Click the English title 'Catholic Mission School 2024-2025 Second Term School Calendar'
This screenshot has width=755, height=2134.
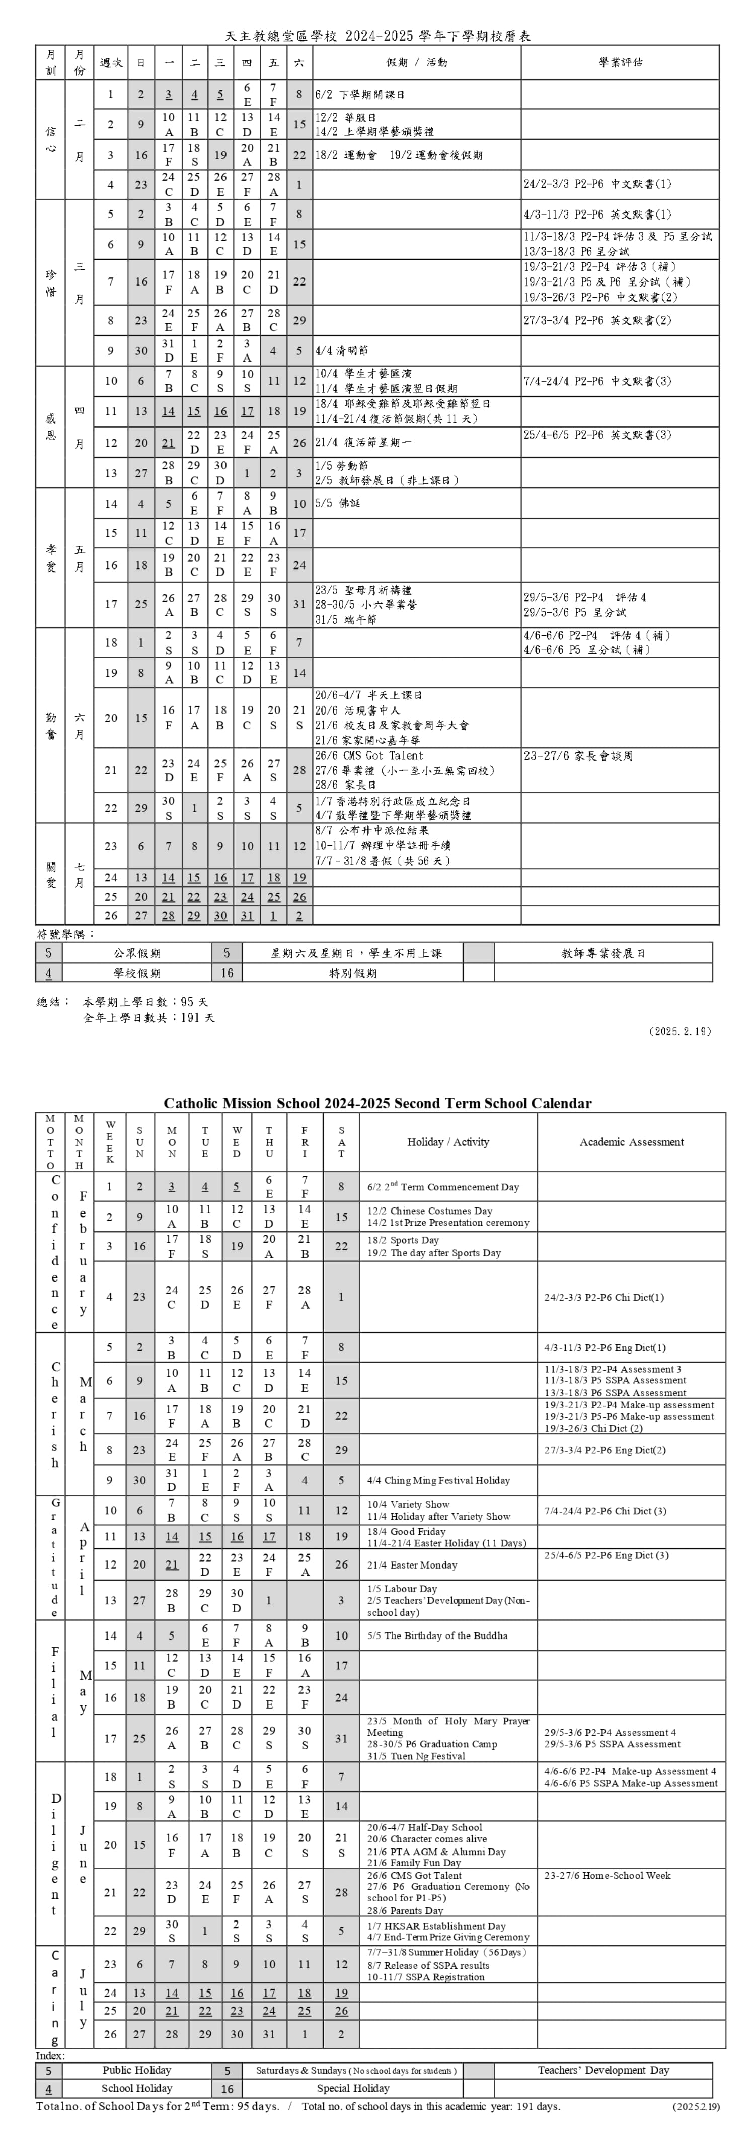click(377, 1103)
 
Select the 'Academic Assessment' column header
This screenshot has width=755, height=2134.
click(631, 1142)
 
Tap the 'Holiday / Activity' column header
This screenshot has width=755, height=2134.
click(448, 1142)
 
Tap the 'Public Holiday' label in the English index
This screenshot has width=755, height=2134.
click(136, 2070)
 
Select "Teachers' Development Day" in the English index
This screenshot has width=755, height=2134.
click(602, 2070)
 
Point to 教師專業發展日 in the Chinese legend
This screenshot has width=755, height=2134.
click(602, 953)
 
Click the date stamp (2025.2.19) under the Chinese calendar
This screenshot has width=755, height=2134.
click(681, 1031)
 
